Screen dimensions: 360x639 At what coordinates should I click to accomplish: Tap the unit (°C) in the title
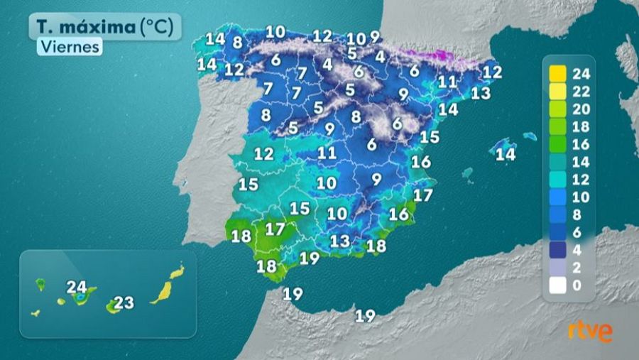155,27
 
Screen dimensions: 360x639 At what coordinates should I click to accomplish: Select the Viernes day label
70,47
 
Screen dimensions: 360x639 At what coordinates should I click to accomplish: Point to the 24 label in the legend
581,73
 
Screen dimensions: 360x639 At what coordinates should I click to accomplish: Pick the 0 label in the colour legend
577,285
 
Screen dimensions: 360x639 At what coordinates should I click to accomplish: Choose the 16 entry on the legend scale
581,144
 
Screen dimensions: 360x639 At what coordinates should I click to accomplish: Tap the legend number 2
577,268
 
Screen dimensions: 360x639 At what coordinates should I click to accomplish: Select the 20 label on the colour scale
581,109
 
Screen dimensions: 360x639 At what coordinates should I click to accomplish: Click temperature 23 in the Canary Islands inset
124,303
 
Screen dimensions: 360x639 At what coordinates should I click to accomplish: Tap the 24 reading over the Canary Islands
77,287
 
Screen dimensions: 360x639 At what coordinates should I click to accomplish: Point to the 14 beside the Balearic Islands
505,154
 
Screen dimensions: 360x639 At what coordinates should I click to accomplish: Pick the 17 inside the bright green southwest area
275,229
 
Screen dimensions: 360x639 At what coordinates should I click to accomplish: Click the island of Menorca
530,136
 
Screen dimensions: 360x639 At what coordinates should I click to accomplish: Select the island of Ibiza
467,172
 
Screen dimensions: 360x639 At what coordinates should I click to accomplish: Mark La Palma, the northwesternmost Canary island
40,284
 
